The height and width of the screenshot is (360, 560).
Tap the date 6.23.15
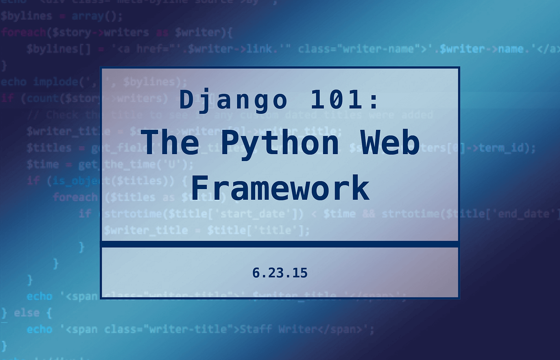(x=280, y=273)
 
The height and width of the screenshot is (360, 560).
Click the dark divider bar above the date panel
(x=280, y=244)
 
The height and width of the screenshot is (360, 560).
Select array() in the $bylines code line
(x=97, y=16)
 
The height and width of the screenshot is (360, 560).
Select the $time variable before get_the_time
(x=42, y=164)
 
